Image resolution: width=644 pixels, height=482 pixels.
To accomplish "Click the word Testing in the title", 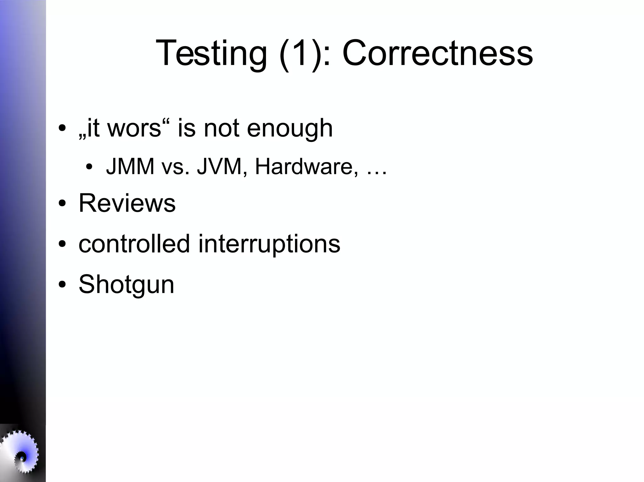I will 211,53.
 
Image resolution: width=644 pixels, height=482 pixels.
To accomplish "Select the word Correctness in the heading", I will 437,53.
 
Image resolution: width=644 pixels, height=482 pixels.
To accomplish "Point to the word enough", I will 290,129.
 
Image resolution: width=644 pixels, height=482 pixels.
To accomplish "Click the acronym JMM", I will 130,166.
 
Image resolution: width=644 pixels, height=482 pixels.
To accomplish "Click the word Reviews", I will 127,203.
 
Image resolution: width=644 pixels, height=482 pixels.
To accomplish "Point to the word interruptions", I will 269,244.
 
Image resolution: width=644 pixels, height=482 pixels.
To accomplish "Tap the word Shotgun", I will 126,284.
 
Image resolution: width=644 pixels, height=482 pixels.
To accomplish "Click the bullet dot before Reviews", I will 62,203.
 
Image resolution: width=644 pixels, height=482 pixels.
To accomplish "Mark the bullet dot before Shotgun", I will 62,284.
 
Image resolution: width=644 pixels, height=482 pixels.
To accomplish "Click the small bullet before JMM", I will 89,167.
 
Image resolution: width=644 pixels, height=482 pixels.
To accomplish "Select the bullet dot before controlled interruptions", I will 62,244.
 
